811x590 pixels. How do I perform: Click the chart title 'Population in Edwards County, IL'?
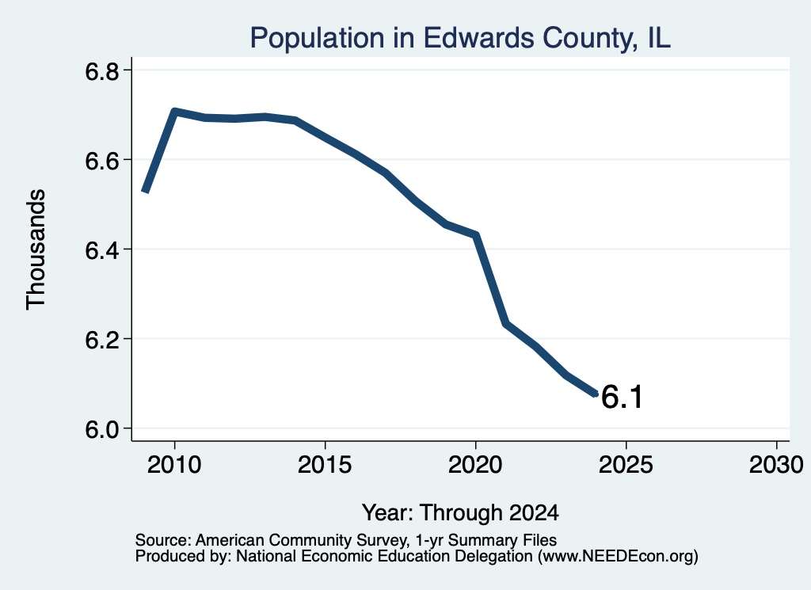(x=460, y=38)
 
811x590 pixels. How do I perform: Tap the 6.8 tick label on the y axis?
(x=101, y=70)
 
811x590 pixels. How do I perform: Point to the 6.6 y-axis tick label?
(x=101, y=161)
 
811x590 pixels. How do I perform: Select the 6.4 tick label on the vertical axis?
(x=101, y=250)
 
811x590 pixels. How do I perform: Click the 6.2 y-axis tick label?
(x=101, y=340)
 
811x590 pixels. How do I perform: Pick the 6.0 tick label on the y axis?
(x=101, y=429)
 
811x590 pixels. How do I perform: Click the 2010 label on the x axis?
(x=174, y=464)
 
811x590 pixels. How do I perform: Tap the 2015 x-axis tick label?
(x=325, y=464)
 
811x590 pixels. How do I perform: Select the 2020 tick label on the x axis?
(x=475, y=464)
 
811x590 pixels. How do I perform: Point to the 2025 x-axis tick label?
(x=626, y=464)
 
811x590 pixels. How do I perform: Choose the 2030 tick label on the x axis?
(x=776, y=464)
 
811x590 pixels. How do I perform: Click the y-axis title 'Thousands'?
(x=36, y=249)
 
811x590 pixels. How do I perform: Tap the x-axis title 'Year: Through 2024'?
(x=460, y=512)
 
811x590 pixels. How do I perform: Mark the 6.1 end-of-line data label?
(x=623, y=397)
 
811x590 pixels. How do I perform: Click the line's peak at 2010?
(x=174, y=111)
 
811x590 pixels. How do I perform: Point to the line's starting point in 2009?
(x=146, y=192)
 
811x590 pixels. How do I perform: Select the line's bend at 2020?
(x=476, y=234)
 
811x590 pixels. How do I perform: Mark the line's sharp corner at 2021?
(x=506, y=324)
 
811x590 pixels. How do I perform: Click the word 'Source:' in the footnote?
(x=163, y=540)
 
